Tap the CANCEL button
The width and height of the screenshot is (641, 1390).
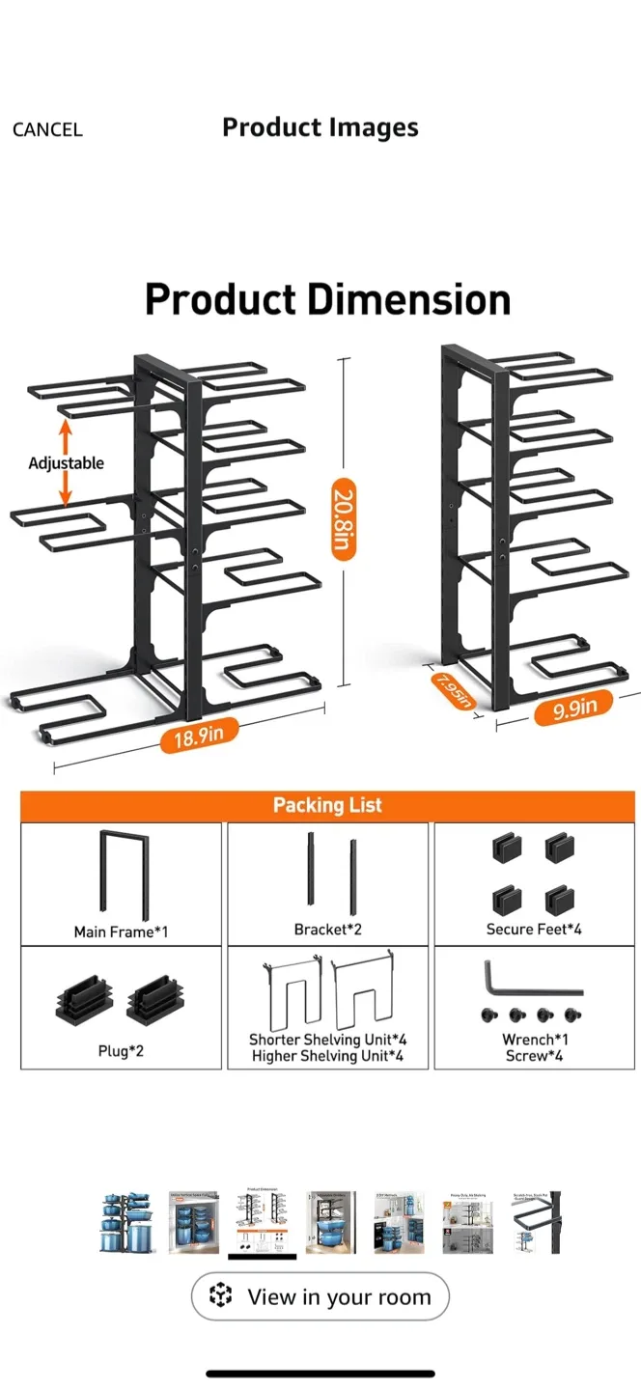coord(47,129)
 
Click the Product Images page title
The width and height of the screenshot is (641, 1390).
coord(320,127)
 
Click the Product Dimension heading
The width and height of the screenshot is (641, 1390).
coord(327,299)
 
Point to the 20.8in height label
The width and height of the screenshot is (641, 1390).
coord(344,518)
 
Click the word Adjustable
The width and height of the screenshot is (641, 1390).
coord(66,463)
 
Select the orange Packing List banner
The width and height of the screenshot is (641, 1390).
coord(327,805)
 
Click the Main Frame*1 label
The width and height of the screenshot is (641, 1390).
coord(121,931)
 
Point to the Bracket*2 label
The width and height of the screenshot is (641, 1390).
coord(327,930)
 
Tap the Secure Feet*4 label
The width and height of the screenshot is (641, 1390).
coord(534,930)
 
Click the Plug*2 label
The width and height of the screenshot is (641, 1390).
coord(121,1050)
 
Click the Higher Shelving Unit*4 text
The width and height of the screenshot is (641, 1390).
coord(327,1056)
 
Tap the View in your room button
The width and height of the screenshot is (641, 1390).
coord(320,1296)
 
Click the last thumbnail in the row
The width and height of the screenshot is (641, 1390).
coord(535,1222)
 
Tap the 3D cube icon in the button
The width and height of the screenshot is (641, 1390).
coord(221,1295)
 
